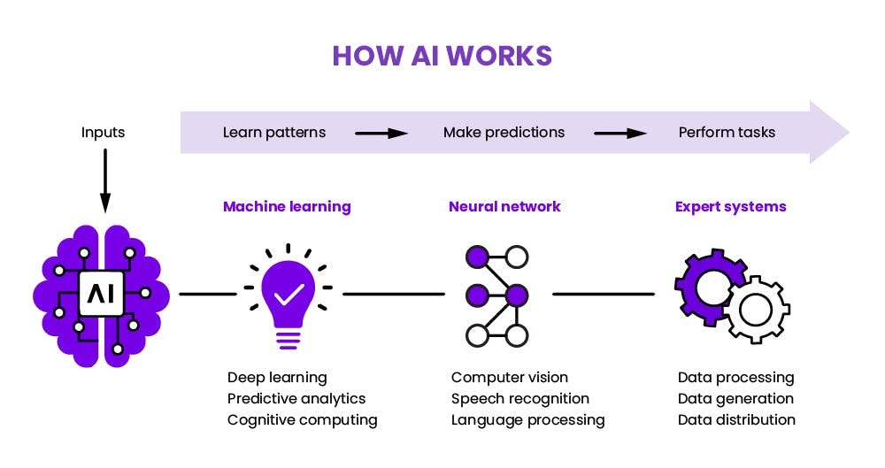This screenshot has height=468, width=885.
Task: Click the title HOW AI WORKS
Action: [x=442, y=56]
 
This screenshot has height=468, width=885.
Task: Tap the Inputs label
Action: [x=104, y=133]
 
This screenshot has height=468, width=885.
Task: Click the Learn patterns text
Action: [x=274, y=133]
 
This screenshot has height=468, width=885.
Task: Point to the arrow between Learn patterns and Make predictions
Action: [x=381, y=134]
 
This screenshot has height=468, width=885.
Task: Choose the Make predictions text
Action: [x=504, y=133]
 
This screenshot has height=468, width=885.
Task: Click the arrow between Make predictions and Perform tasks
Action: [x=620, y=134]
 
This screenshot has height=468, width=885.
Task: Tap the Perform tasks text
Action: [x=727, y=133]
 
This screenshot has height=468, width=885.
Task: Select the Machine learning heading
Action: [x=287, y=207]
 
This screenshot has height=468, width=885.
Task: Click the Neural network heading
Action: [x=504, y=207]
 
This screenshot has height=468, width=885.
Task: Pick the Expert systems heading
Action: [x=731, y=207]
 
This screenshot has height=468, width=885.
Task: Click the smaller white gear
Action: [x=757, y=310]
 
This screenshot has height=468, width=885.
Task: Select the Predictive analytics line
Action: [x=296, y=399]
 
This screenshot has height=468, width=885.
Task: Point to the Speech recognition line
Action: [x=520, y=399]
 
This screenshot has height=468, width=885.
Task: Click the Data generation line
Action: [x=735, y=399]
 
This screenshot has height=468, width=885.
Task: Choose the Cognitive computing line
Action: [x=303, y=420]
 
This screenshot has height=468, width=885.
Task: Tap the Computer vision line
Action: [x=510, y=378]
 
